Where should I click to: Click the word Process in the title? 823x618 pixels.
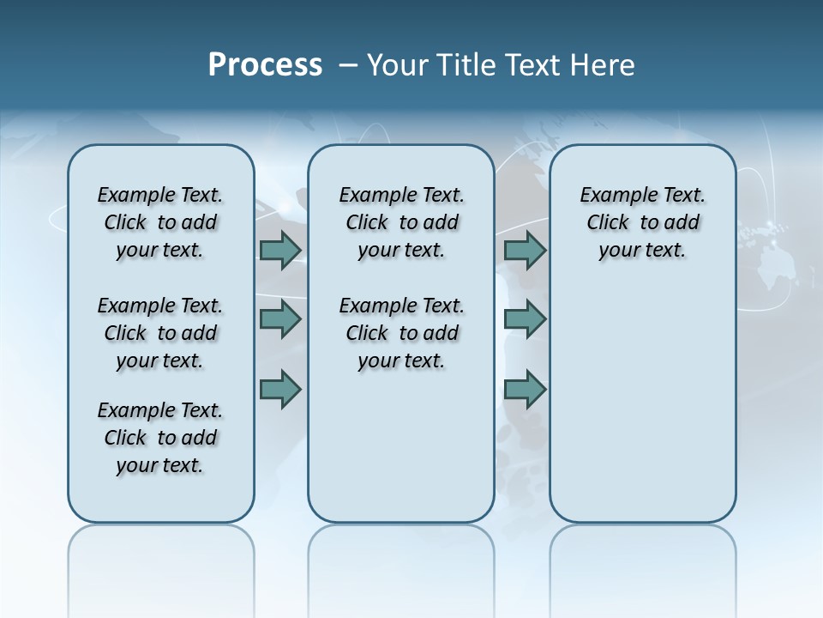[265, 64]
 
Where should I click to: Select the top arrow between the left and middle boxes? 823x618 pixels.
[280, 251]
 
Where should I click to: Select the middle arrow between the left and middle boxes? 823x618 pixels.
[280, 319]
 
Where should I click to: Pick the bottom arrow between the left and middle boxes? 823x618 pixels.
[280, 390]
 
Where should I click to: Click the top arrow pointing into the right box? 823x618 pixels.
[526, 251]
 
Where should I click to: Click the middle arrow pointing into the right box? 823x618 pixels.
[526, 319]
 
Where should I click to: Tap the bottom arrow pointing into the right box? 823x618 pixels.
[526, 390]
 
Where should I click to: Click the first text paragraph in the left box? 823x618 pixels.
[160, 222]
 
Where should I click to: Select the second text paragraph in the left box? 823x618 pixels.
[160, 333]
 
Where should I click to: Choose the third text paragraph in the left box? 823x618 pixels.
[160, 438]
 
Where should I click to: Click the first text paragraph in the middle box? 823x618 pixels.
[402, 222]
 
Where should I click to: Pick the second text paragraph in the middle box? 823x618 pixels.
[402, 333]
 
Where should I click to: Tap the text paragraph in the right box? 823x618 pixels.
[643, 222]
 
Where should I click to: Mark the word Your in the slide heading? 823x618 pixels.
[398, 65]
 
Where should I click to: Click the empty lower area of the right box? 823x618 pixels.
[643, 412]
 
